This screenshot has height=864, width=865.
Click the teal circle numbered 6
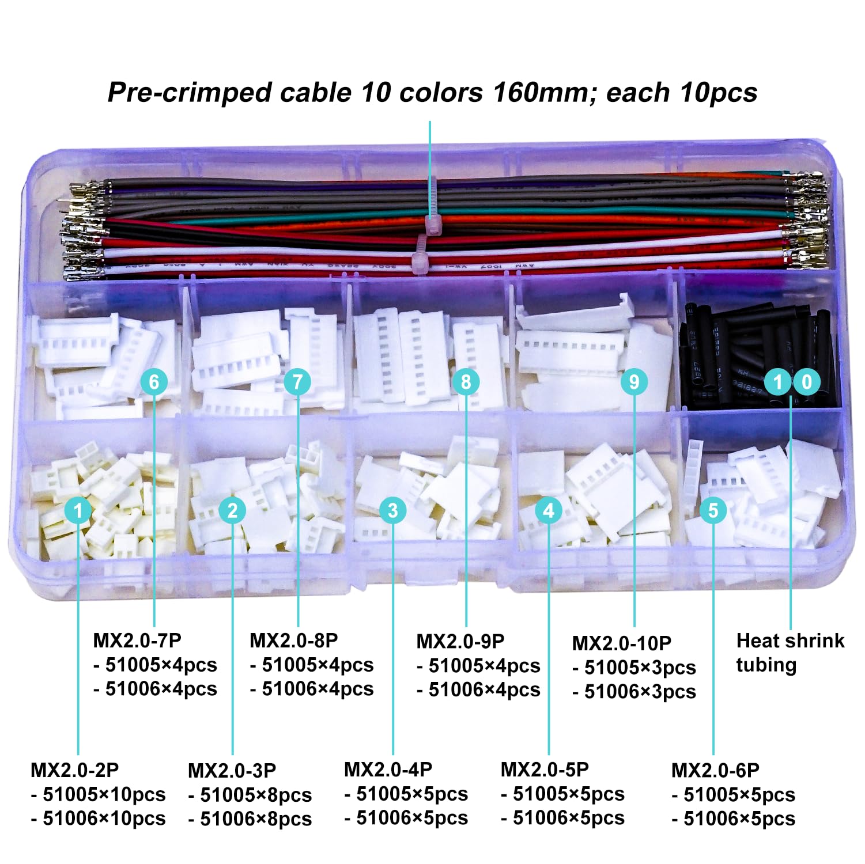[154, 381]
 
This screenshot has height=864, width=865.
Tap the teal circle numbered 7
[297, 381]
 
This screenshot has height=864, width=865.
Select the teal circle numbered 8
[466, 381]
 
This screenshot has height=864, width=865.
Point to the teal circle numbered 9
[634, 381]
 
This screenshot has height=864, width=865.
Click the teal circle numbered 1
[78, 510]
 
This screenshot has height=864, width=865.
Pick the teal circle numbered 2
[233, 510]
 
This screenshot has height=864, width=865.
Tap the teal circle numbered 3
[393, 510]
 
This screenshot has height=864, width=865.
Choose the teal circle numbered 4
[549, 510]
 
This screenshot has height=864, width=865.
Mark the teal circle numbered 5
[713, 510]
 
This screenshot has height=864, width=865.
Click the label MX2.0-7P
[137, 640]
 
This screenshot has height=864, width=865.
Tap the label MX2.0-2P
[75, 770]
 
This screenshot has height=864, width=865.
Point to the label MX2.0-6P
[715, 770]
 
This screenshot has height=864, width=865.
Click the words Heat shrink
[790, 641]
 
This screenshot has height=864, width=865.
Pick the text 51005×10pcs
[104, 794]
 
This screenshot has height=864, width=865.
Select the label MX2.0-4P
[388, 770]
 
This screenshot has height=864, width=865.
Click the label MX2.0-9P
[460, 641]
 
